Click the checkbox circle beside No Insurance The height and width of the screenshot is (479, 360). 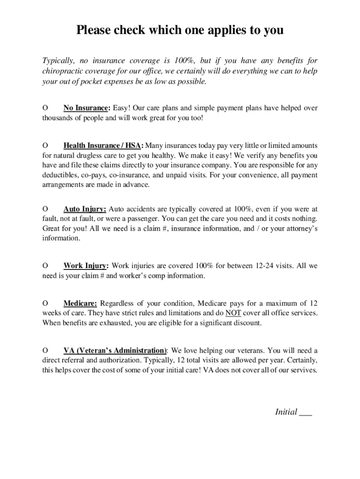45,108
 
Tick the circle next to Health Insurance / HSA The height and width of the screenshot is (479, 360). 45,145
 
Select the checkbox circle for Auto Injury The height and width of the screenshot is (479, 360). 45,209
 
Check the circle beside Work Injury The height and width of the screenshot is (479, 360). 45,266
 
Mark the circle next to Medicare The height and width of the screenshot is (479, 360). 45,303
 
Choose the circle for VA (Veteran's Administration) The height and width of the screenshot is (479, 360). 45,350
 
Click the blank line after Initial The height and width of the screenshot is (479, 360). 305,413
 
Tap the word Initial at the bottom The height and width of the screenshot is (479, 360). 286,412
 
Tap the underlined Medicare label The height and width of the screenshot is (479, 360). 80,303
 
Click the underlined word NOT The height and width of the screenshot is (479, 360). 233,313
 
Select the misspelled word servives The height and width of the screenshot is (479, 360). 304,370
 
